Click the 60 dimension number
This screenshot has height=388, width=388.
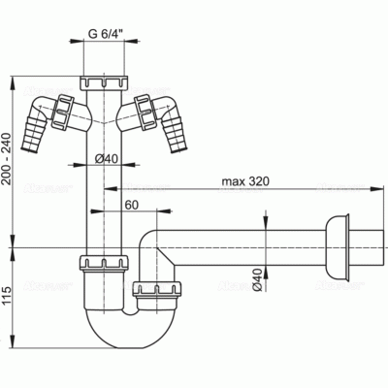click(129, 205)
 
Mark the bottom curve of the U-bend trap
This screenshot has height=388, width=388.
click(125, 342)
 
